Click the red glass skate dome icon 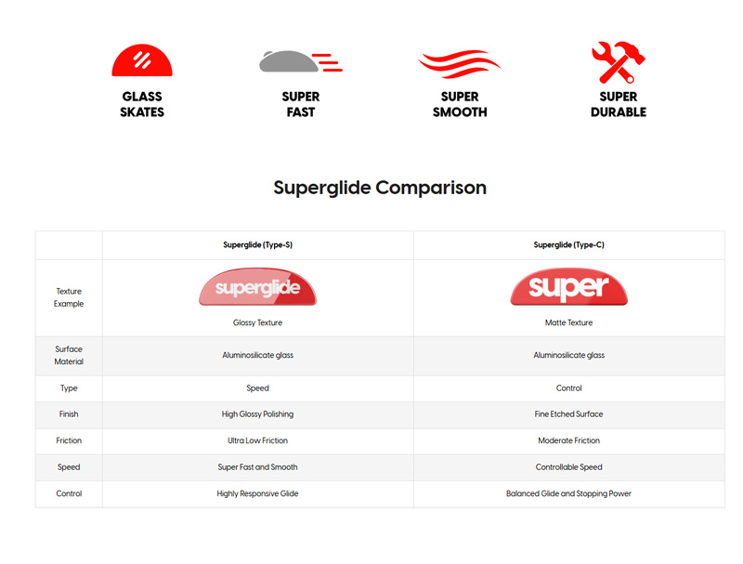coord(142,60)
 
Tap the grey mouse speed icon coord(300,61)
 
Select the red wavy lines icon coord(459,63)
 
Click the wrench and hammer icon coord(619,62)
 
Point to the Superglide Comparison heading coord(380,188)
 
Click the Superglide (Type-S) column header coord(258,245)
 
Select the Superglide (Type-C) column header coord(568,245)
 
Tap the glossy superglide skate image coord(258,287)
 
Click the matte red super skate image coord(568,287)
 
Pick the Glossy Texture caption coord(258,322)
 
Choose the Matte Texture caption coord(568,322)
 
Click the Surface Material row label coord(69,356)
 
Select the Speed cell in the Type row coord(258,388)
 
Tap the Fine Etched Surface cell coord(568,414)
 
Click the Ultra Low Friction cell coord(258,440)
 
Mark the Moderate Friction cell coord(568,440)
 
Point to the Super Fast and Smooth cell coord(258,467)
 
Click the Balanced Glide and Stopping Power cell coord(568,494)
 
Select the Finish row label coord(69,414)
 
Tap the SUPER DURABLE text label coord(619,104)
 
